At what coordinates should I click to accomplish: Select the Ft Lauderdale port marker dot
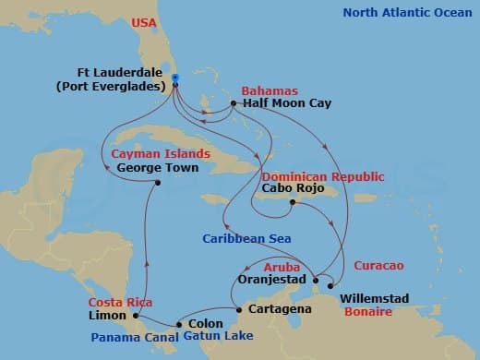(x=174, y=79)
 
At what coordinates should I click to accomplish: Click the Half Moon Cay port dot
(x=234, y=104)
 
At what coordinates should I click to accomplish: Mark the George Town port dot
(x=158, y=182)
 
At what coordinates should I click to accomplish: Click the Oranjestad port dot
(x=315, y=280)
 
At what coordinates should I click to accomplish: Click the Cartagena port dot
(x=238, y=309)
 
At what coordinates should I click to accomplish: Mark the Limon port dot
(x=136, y=316)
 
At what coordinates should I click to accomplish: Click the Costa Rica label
(x=121, y=303)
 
